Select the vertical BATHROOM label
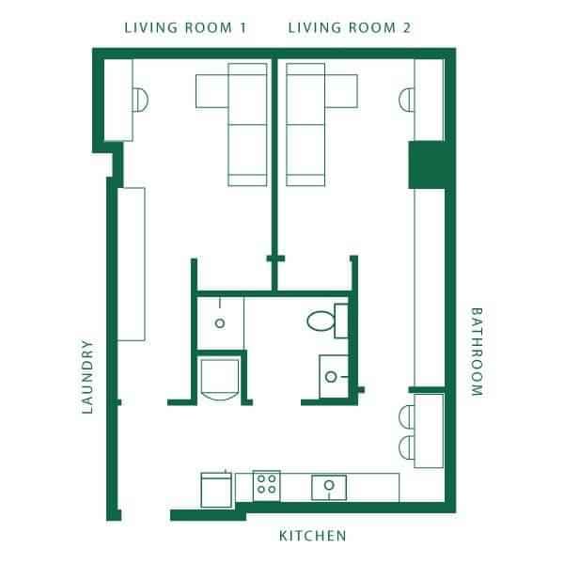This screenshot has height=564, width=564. coord(476,352)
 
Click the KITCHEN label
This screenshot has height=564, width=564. coord(313,537)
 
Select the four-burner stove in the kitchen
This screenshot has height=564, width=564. coord(266,484)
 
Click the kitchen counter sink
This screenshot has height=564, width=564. coord(329,486)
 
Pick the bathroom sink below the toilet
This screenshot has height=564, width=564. coord(331,377)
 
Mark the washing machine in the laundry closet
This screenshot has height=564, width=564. coord(222,378)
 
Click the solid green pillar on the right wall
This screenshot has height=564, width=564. coord(426,164)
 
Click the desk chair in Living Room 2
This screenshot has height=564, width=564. coord(407,99)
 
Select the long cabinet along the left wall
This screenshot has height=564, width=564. coord(131,264)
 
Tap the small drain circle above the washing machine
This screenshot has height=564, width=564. coord(220,322)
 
